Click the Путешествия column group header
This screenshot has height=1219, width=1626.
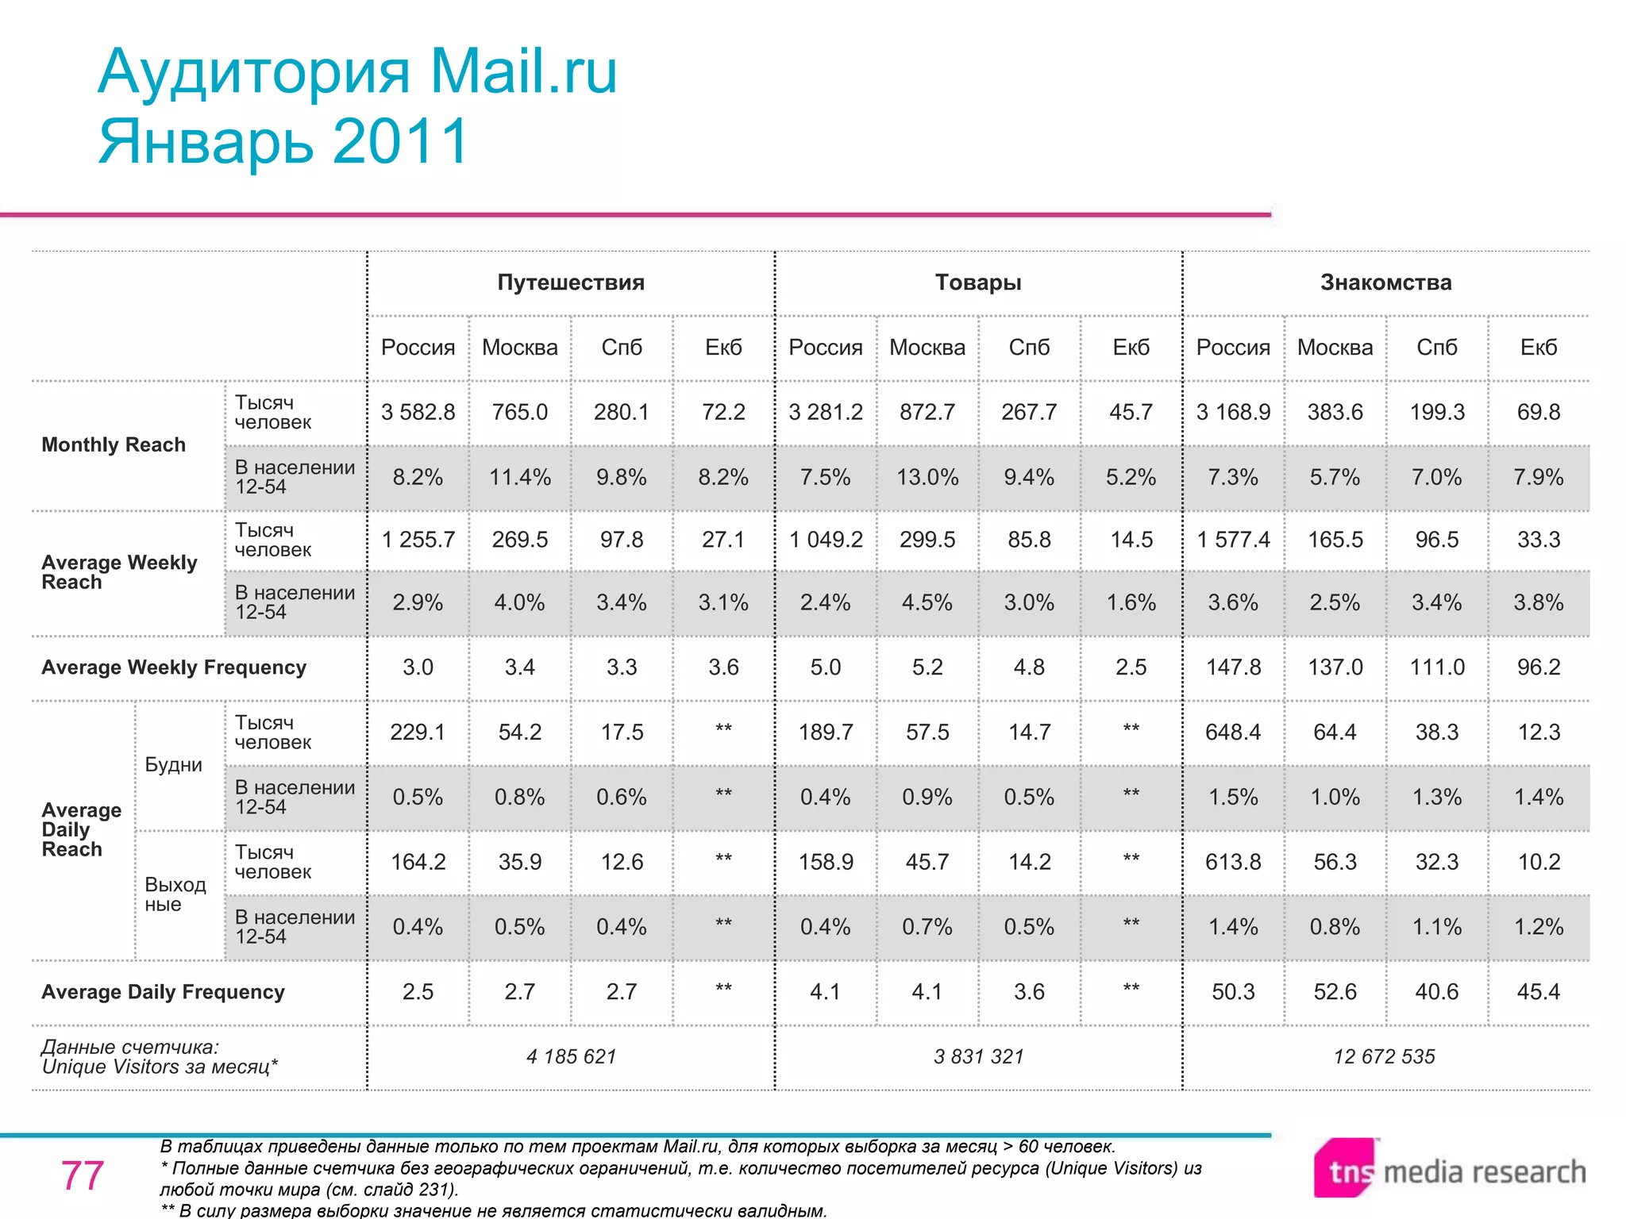point(571,283)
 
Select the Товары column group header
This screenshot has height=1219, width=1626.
point(978,283)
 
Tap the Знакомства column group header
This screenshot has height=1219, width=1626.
point(1385,283)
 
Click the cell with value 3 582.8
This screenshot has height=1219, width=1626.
point(418,412)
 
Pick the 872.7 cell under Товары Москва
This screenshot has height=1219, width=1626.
point(927,412)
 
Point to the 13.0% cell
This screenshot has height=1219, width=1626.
point(927,477)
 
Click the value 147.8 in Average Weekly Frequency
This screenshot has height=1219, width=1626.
point(1233,667)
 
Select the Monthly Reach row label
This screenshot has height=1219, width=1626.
point(114,444)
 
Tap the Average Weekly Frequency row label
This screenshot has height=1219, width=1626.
point(174,667)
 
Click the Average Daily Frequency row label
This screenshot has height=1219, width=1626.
point(163,992)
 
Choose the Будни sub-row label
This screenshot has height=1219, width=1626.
point(173,765)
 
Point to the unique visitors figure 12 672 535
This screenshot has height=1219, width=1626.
point(1385,1056)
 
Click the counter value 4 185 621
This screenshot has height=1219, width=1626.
point(571,1056)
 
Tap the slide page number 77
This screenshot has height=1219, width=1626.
point(83,1175)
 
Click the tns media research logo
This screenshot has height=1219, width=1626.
point(1450,1171)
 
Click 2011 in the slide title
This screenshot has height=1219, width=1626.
point(401,141)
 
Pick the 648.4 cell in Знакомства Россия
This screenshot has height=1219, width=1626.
point(1233,732)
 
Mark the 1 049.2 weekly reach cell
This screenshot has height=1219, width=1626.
point(826,540)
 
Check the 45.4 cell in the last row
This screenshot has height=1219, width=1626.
point(1538,991)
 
